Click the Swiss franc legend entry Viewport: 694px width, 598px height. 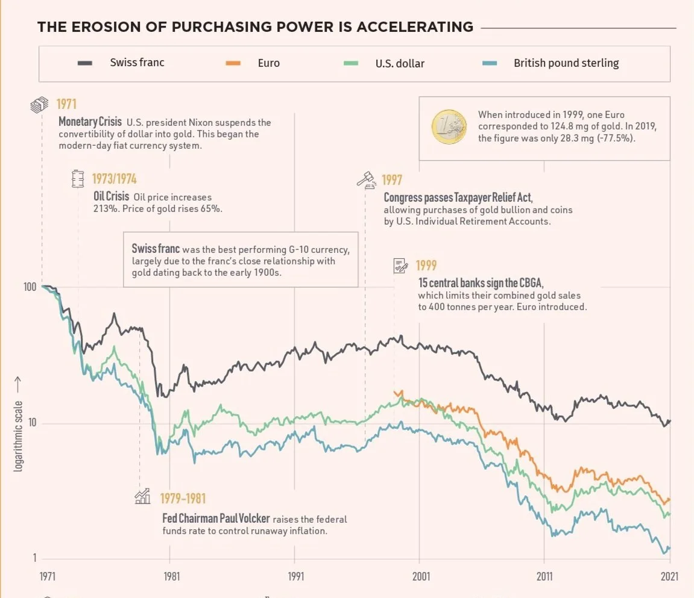pos(137,63)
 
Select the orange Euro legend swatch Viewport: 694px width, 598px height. pos(233,63)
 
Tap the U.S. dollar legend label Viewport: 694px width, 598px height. pos(400,63)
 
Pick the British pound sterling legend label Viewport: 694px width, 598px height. pos(566,63)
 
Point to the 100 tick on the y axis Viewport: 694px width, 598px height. pos(30,287)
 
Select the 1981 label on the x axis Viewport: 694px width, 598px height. pos(171,576)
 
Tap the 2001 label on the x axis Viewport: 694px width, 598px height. pos(421,576)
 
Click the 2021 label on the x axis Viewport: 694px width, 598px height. pos(669,576)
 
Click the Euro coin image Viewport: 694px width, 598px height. pos(449,126)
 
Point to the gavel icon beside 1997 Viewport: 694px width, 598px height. pos(367,179)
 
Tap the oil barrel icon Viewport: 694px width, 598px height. pos(77,178)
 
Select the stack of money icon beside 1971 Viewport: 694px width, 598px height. pos(39,105)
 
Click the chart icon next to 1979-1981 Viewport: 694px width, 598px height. pos(142,496)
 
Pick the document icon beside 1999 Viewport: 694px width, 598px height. pos(400,265)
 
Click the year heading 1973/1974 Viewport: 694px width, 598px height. pos(114,179)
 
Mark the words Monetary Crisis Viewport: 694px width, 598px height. pos(90,122)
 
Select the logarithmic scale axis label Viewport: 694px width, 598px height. pos(18,435)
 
